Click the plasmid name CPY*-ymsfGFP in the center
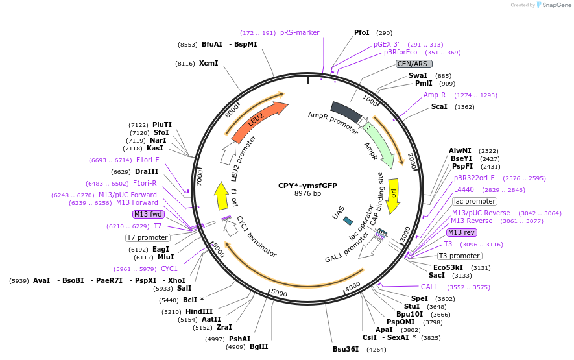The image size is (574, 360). click(307, 185)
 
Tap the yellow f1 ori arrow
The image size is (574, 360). click(222, 195)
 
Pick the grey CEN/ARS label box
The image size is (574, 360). click(414, 64)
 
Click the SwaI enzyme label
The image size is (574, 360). click(418, 76)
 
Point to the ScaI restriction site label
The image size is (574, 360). click(439, 106)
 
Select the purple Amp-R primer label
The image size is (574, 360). click(435, 95)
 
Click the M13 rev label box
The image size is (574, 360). click(461, 232)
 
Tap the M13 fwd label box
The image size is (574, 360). click(148, 214)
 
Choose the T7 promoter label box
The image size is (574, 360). click(148, 237)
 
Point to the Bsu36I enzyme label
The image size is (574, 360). click(346, 349)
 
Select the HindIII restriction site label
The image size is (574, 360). click(199, 311)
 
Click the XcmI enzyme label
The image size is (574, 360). click(208, 63)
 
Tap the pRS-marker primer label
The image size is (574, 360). click(300, 32)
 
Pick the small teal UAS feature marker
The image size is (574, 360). click(348, 221)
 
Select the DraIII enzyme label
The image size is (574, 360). click(147, 171)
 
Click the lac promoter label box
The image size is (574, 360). click(474, 201)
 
